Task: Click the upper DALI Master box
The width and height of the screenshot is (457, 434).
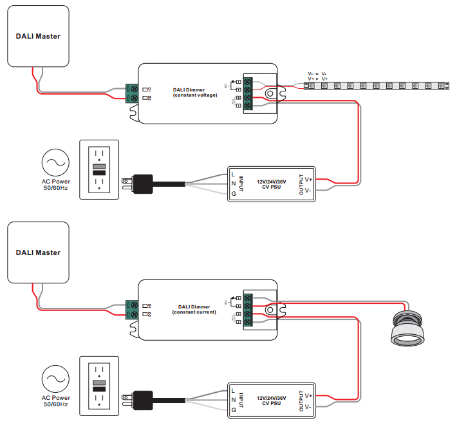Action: click(38, 36)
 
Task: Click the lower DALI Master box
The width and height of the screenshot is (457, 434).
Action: click(38, 252)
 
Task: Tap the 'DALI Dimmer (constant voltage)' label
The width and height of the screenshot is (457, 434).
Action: click(195, 92)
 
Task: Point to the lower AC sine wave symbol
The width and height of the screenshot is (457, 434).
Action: click(55, 379)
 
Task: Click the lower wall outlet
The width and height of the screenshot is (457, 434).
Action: click(98, 387)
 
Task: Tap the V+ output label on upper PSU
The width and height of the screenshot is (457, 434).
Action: click(308, 180)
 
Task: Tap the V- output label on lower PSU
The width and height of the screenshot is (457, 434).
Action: click(308, 406)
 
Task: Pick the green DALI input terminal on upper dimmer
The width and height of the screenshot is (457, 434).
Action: click(132, 93)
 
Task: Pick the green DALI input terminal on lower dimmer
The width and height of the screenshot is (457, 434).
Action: click(132, 310)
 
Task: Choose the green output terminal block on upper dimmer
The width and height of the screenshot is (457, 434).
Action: click(248, 94)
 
